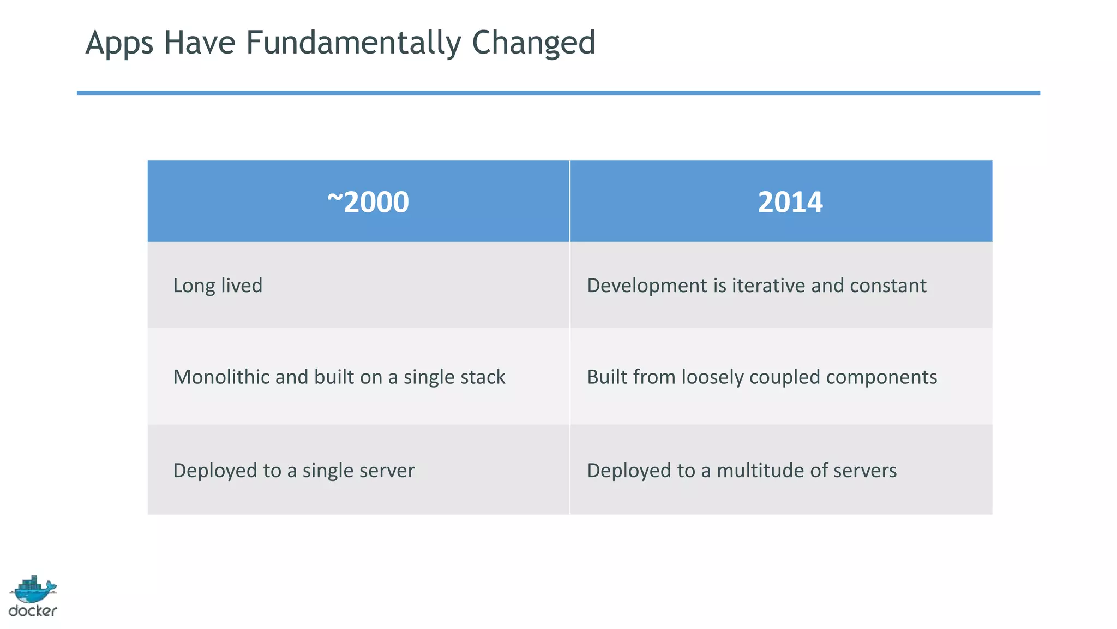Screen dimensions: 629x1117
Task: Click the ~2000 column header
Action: [368, 202]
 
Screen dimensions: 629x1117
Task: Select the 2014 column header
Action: [790, 202]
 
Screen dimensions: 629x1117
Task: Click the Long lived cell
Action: [218, 286]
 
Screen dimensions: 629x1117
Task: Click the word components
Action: [881, 377]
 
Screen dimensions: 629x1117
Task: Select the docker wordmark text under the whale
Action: [33, 611]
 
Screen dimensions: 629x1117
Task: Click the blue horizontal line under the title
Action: [558, 93]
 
